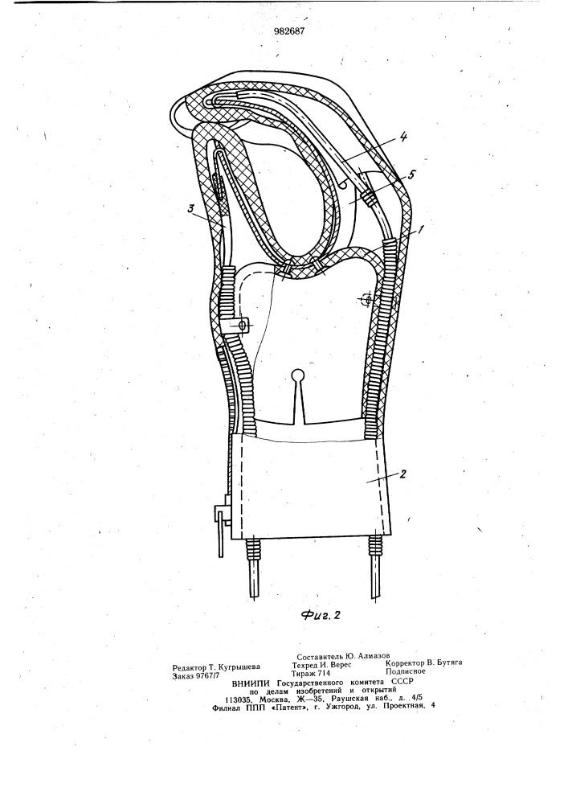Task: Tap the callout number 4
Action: coord(403,137)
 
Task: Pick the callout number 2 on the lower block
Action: coord(403,474)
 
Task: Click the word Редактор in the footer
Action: coord(189,667)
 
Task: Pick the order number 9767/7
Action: coord(209,676)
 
